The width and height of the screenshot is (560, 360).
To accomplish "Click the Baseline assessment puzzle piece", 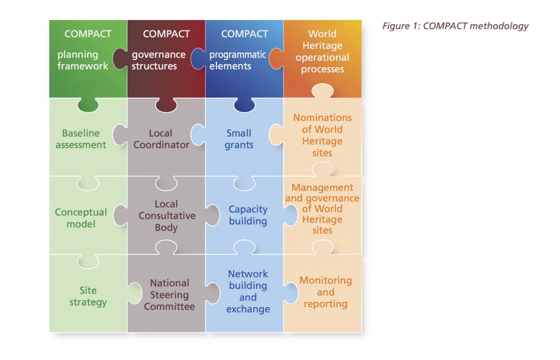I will (x=81, y=139).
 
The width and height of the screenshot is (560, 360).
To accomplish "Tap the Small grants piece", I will (x=239, y=139).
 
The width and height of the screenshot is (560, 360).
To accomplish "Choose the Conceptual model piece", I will (x=81, y=218).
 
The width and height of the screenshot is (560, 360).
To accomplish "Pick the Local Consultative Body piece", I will (x=166, y=216).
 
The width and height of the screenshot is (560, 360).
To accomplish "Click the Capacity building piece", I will (x=248, y=215).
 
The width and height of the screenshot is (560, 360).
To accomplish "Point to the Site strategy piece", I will (x=88, y=296).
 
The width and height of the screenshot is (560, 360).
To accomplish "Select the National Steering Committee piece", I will (x=169, y=295).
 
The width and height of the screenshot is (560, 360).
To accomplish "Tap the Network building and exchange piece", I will (x=248, y=292).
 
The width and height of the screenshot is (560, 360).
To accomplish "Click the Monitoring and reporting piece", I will (x=326, y=292).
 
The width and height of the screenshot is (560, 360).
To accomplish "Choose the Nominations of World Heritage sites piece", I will (x=322, y=135).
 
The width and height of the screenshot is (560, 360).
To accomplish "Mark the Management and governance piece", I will (x=322, y=209).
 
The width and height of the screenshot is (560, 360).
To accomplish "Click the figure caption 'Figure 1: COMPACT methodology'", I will (x=455, y=26).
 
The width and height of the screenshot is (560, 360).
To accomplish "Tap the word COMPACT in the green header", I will (x=88, y=34).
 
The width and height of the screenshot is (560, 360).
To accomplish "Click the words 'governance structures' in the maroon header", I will (x=158, y=60).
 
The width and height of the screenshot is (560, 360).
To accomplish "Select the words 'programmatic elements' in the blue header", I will (x=237, y=60).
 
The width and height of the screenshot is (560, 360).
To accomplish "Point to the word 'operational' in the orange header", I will (x=322, y=58).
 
